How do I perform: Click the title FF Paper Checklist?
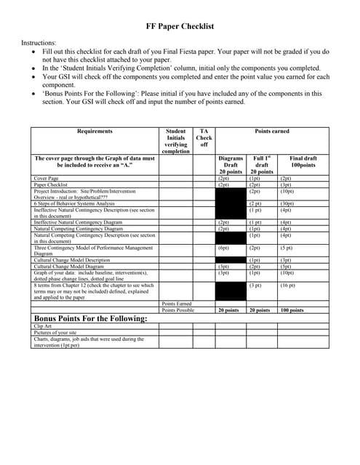180,27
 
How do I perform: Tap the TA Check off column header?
204,138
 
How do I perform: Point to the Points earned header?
272,132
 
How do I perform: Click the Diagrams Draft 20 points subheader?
231,164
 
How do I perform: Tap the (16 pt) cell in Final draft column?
287,286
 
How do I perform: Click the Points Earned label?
177,304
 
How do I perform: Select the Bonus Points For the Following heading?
91,318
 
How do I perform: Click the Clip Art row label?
44,326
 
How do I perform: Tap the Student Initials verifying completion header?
175,141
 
